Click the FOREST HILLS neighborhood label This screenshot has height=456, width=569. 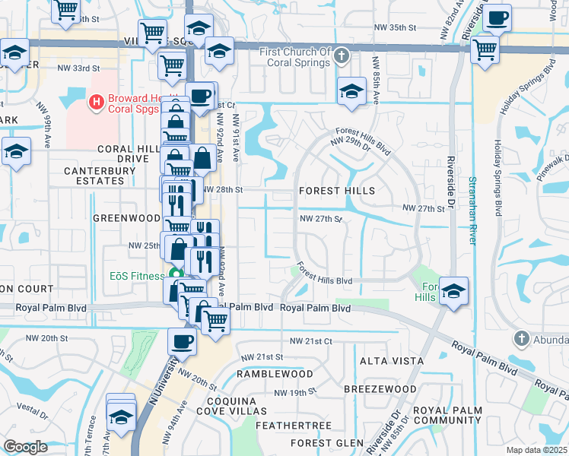337,191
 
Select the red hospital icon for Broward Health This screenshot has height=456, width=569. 96,101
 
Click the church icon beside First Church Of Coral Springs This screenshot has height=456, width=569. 342,55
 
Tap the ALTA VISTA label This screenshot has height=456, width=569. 385,360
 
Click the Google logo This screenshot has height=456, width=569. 25,447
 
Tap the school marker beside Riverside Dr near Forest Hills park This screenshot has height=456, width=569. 453,291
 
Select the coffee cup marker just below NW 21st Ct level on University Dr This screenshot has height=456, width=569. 183,342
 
